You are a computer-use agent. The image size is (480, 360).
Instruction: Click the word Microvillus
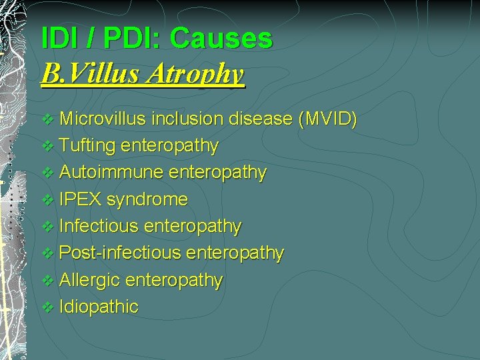[103, 119]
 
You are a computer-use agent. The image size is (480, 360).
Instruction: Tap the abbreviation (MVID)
[328, 119]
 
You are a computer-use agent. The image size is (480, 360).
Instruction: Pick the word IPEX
[81, 199]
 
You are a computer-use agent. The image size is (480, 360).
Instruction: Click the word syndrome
[147, 199]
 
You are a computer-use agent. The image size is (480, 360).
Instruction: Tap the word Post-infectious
[120, 253]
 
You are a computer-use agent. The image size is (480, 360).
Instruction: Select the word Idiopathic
[99, 307]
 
